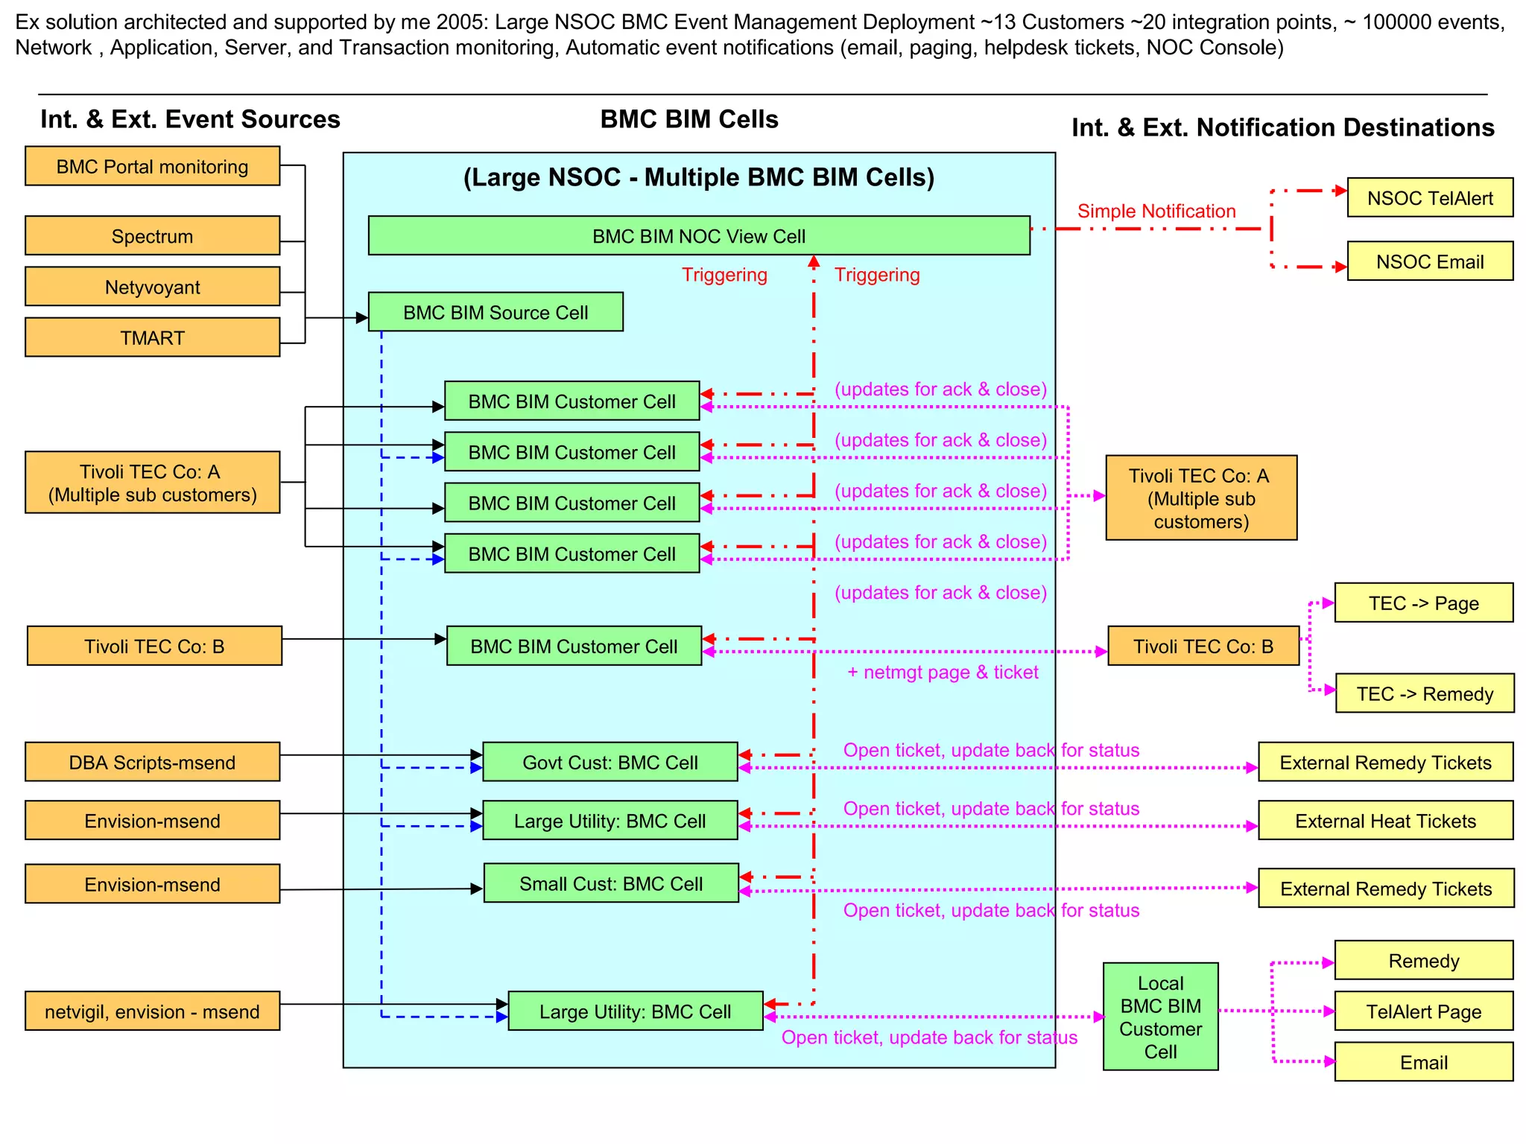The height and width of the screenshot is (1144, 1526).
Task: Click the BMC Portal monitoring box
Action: (x=152, y=166)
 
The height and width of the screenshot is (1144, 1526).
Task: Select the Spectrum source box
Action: (x=152, y=236)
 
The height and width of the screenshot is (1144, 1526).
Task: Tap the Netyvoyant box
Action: (x=152, y=287)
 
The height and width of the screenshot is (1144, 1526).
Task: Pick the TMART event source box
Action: (x=152, y=337)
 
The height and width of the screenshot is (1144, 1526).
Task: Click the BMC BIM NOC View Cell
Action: (x=698, y=236)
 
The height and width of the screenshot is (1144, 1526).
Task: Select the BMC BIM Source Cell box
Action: (x=496, y=312)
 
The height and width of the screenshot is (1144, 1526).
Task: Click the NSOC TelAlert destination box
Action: (x=1429, y=198)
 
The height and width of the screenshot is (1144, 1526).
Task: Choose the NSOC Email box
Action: (x=1429, y=261)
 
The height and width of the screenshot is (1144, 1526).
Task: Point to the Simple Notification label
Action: (x=1156, y=211)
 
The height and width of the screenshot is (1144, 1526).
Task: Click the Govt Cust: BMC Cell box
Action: (x=610, y=762)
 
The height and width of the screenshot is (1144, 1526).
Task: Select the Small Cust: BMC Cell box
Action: (x=610, y=883)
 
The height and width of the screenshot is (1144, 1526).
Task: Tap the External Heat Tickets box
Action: (x=1385, y=821)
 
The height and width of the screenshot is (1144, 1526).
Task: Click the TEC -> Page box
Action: (x=1423, y=603)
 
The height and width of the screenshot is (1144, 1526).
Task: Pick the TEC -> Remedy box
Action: (x=1424, y=693)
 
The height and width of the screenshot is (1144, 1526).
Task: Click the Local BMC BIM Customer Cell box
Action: (x=1160, y=1017)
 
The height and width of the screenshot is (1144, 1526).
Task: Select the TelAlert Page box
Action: (x=1423, y=1011)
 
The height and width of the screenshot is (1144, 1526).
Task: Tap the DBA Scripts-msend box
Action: (x=152, y=762)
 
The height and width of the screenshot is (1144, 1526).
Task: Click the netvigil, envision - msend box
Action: (x=152, y=1011)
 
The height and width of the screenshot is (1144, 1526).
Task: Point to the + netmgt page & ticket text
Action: (x=942, y=672)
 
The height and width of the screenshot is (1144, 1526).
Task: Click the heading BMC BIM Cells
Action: (x=688, y=119)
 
